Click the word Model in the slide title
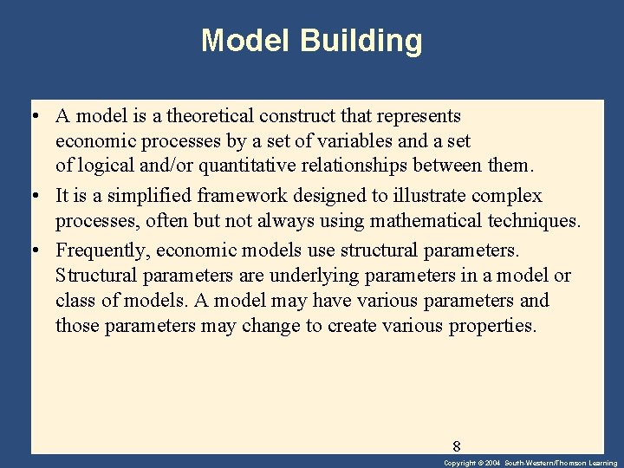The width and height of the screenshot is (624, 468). click(x=247, y=41)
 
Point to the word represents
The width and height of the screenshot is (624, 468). click(x=417, y=115)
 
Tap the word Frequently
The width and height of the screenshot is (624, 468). click(x=98, y=250)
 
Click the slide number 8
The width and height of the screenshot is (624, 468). click(x=456, y=446)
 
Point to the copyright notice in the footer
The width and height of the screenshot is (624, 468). click(x=530, y=463)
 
